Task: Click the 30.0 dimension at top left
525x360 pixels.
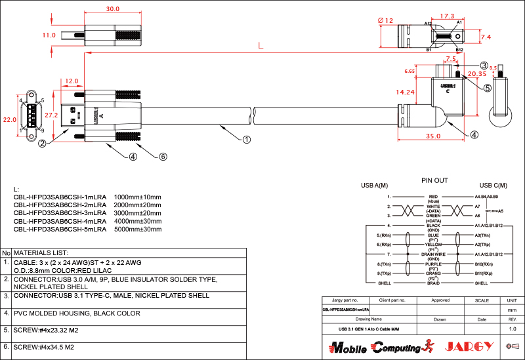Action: (x=113, y=9)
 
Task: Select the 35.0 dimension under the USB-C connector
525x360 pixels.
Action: (x=432, y=136)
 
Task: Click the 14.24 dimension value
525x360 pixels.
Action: (x=406, y=92)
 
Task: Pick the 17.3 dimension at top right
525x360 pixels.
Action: (x=448, y=16)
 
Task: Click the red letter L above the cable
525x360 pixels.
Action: (x=261, y=46)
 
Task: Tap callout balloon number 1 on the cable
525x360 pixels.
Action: (x=247, y=139)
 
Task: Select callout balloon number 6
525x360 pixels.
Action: (x=163, y=157)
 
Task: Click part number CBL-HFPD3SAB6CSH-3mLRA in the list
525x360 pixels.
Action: (x=60, y=213)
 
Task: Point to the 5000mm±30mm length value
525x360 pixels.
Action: (x=138, y=230)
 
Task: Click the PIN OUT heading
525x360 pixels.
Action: (x=434, y=180)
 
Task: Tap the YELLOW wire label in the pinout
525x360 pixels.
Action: (x=433, y=244)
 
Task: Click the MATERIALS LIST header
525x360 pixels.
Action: (x=41, y=252)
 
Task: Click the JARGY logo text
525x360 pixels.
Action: (x=469, y=346)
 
